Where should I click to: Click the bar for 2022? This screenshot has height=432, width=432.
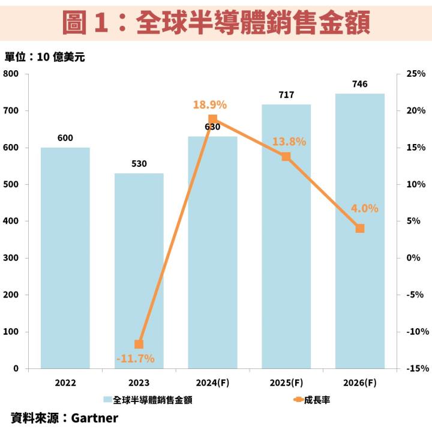(x=65, y=258)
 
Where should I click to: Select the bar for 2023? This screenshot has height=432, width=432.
(x=139, y=271)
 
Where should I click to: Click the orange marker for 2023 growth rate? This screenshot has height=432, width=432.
(x=139, y=344)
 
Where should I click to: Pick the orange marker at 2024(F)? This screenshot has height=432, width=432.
(x=212, y=119)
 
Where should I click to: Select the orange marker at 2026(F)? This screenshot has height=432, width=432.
(x=360, y=228)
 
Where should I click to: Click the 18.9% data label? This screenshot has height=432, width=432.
(x=209, y=105)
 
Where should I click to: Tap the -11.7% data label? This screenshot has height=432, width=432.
(x=135, y=359)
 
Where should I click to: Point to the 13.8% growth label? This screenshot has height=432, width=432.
(x=289, y=142)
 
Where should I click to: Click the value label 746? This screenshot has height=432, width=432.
(x=360, y=84)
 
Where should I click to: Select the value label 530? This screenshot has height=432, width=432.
(x=139, y=163)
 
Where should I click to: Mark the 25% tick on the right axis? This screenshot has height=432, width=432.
(x=416, y=74)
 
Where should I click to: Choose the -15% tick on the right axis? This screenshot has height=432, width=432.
(x=415, y=368)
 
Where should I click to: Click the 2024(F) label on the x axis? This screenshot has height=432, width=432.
(x=212, y=382)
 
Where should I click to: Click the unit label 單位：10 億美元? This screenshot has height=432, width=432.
(x=46, y=58)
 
